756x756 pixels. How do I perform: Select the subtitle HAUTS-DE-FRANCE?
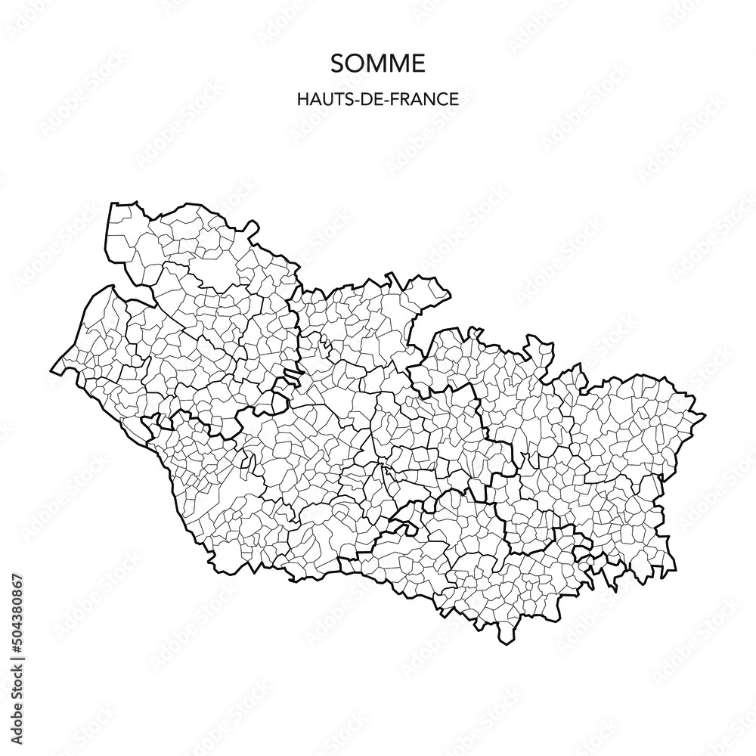tap(377, 98)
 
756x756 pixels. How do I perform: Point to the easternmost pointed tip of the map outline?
tap(705, 416)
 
